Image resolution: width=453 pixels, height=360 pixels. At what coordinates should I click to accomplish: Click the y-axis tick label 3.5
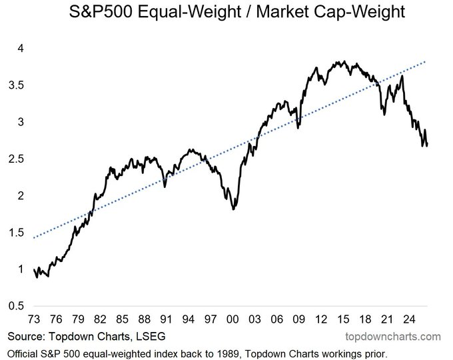point(16,85)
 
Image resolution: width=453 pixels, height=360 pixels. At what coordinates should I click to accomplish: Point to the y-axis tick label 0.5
point(16,305)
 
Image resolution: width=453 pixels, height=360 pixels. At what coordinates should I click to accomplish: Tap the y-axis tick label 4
point(20,48)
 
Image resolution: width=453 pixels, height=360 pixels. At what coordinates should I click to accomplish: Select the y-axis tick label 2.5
point(16,159)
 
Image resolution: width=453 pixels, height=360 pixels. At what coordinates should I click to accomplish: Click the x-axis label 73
point(34,319)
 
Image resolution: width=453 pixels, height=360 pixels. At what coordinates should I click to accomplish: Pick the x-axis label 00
point(232,319)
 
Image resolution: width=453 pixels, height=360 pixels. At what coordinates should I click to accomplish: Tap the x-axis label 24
point(409,319)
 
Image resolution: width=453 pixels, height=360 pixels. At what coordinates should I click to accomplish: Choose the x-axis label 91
point(166,319)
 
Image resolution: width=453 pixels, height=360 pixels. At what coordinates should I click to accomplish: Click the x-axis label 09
point(298,319)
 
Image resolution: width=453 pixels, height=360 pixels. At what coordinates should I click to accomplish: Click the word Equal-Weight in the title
point(189,12)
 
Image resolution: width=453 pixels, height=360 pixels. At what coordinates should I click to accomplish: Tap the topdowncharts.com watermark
point(393,337)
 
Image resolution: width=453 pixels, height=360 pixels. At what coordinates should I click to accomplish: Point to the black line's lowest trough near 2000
point(233,209)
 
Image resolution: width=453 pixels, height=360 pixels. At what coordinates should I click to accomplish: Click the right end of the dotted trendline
point(425,61)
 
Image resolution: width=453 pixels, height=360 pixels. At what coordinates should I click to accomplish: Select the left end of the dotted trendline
point(34,238)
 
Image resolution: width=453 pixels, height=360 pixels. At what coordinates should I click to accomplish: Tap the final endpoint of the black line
point(427,145)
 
